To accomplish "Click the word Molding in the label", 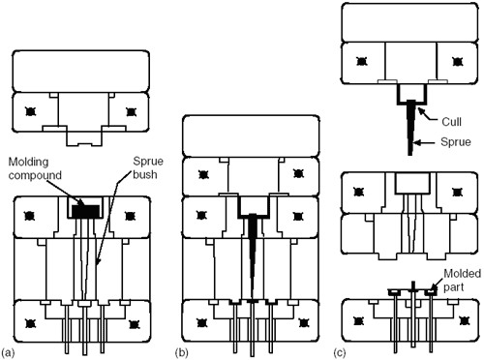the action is (28, 162).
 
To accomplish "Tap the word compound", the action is (35, 175).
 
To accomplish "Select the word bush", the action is (145, 174).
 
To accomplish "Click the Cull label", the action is (451, 122).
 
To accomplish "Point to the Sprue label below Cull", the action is (456, 142).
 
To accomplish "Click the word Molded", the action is (462, 274).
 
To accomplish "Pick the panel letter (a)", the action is (8, 352).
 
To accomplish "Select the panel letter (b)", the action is (182, 352).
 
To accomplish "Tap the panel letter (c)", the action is (340, 352).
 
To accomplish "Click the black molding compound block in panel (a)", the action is (85, 211).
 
